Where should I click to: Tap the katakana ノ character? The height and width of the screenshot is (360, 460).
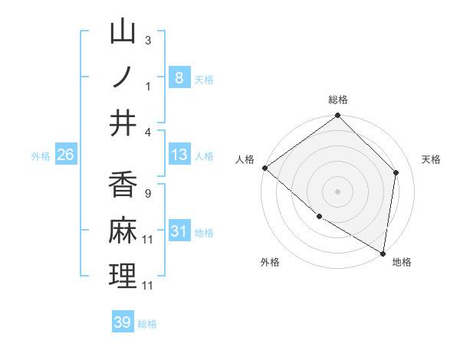(x=123, y=77)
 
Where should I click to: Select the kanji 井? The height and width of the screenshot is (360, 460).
(x=123, y=123)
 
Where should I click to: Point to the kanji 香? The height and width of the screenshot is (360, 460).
(x=123, y=185)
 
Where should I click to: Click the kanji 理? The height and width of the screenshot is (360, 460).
(x=123, y=276)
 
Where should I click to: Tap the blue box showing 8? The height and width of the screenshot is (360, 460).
(x=179, y=77)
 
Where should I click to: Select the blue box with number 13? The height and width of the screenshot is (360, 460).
(x=179, y=155)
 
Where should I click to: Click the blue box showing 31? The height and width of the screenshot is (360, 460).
(x=179, y=231)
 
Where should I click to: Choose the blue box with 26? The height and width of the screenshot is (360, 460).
(x=66, y=155)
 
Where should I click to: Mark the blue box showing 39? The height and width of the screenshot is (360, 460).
(x=123, y=322)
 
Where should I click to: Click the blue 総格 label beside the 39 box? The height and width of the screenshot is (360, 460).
(x=148, y=324)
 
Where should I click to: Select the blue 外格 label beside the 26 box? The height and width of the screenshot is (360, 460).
(x=41, y=155)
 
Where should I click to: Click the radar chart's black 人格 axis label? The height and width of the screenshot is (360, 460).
(x=245, y=159)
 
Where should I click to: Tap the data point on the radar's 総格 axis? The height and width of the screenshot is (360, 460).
(x=337, y=116)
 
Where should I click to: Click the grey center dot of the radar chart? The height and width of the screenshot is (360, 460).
(x=337, y=191)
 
